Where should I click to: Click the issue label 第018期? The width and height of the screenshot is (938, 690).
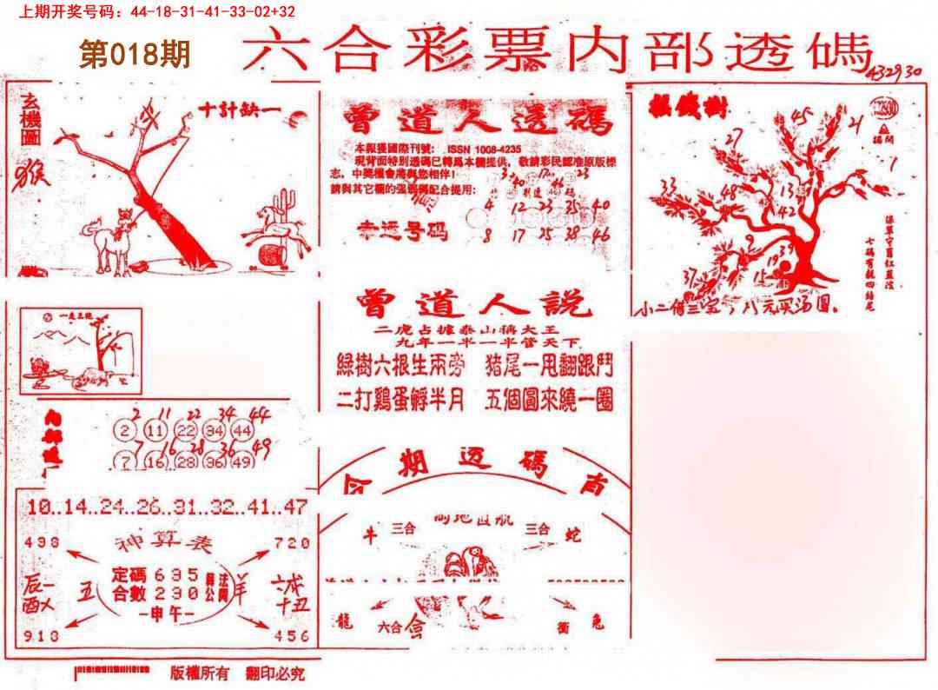coord(135,56)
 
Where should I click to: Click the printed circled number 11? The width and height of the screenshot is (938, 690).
coord(156,431)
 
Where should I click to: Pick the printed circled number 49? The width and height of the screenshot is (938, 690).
coord(243,462)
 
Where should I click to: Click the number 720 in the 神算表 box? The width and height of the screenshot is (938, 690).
coord(292,543)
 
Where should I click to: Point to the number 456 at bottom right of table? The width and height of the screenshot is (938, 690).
coord(292,636)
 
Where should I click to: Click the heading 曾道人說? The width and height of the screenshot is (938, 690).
coord(473,305)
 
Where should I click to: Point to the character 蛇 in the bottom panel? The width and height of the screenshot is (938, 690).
coord(571,532)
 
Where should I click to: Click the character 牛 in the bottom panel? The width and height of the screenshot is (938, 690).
coord(367,537)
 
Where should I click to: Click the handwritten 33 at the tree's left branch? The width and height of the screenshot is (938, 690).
coord(668,185)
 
